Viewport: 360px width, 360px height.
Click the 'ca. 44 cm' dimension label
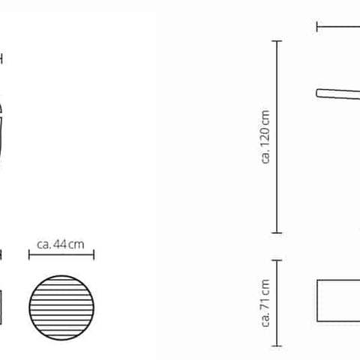point(61,244)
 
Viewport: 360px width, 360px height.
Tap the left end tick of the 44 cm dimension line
point(29,255)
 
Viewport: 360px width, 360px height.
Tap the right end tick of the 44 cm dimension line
point(94,255)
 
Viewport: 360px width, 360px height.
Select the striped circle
point(61,307)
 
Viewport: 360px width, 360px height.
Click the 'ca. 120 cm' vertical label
point(265,136)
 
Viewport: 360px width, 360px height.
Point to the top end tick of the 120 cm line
point(277,40)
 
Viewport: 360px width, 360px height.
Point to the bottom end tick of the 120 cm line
point(277,232)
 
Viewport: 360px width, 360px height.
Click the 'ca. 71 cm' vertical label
point(265,303)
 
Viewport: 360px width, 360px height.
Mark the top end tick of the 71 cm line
point(277,260)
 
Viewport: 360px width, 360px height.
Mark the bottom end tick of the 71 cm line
point(277,346)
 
